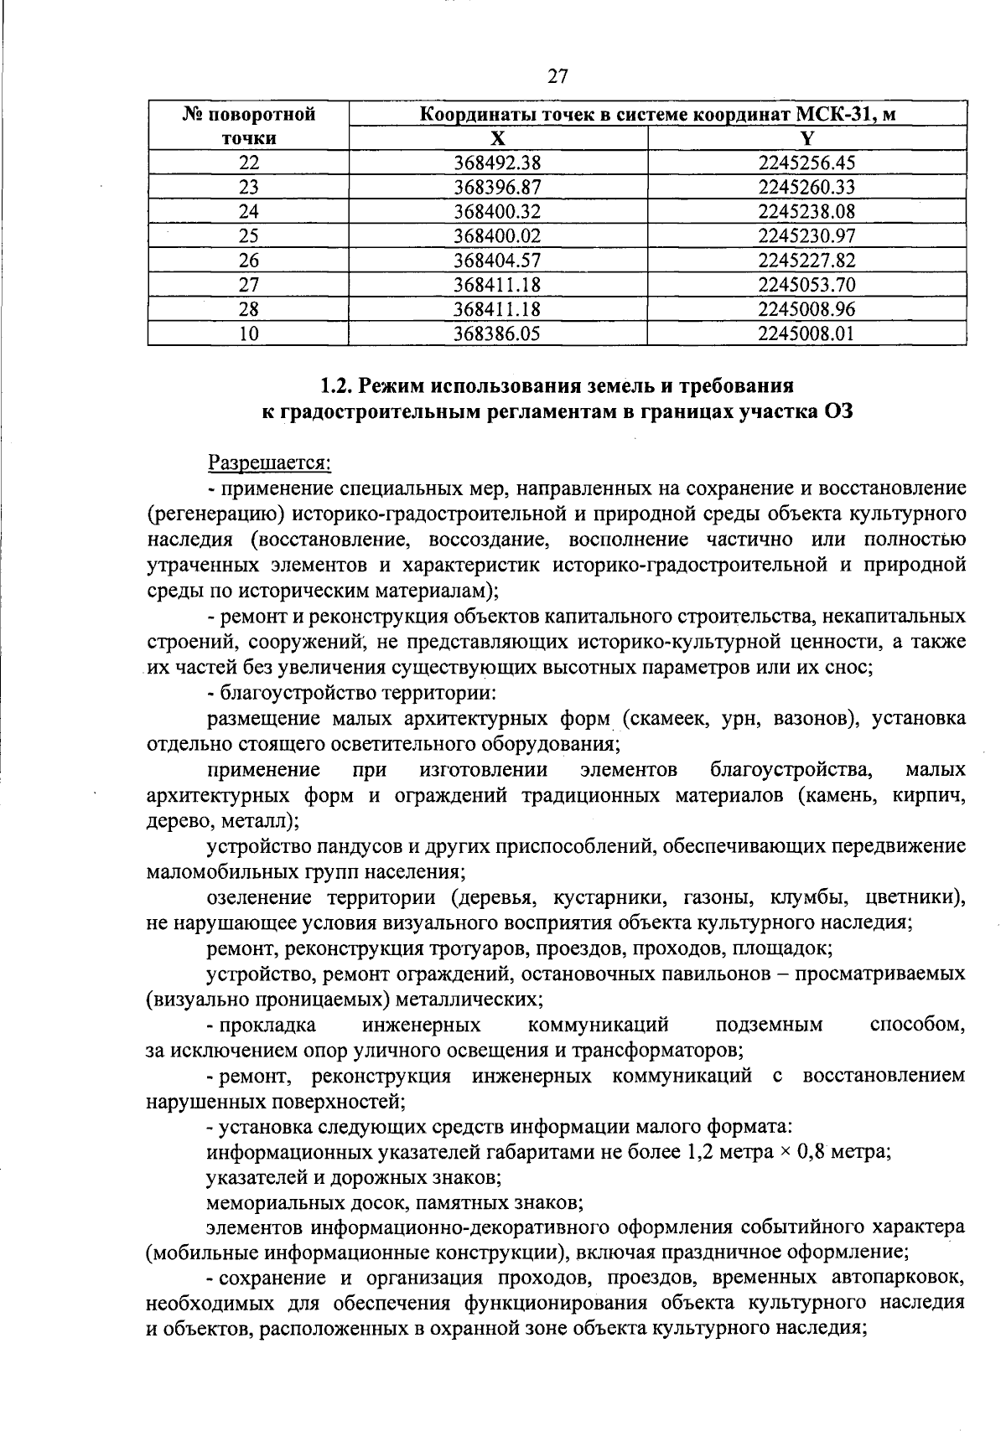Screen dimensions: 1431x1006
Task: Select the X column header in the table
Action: [x=497, y=139]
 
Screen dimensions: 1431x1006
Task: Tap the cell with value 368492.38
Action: [x=497, y=163]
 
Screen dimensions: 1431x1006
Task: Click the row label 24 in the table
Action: [x=248, y=212]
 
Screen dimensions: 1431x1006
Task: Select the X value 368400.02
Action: [x=497, y=236]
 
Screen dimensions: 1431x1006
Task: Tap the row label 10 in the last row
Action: [x=248, y=334]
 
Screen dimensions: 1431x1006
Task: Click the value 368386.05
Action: [x=497, y=334]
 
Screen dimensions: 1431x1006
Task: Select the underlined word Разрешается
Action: [x=269, y=462]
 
